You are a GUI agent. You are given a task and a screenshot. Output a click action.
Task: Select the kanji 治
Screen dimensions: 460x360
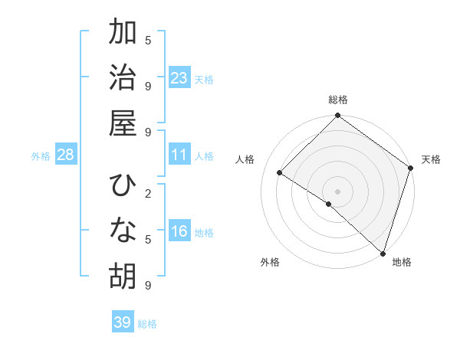[123, 78]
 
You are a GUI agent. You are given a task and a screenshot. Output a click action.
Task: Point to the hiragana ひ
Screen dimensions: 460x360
[123, 185]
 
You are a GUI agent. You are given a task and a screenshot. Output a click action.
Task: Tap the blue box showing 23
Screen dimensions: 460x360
[179, 78]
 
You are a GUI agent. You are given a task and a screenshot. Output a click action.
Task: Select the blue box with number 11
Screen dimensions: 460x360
[179, 155]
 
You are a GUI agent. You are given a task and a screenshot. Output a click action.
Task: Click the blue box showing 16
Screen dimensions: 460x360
[179, 231]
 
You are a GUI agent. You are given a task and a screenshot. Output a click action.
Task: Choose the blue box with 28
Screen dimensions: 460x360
[66, 155]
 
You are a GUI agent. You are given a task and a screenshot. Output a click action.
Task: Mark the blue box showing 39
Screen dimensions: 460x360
[122, 322]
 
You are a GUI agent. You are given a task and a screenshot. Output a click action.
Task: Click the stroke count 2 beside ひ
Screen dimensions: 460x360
[147, 193]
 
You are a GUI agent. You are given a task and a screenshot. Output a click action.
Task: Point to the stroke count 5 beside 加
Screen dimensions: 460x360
[147, 40]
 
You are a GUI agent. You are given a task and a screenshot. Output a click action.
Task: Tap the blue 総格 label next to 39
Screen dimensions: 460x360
[147, 324]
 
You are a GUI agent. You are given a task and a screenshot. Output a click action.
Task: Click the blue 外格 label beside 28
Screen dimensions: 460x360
[41, 156]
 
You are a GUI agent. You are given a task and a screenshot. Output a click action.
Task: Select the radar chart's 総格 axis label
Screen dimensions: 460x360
[337, 100]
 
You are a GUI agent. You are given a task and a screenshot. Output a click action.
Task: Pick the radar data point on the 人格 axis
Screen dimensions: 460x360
[280, 173]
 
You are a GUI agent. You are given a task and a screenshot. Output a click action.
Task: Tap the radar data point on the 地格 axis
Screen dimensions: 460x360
[382, 251]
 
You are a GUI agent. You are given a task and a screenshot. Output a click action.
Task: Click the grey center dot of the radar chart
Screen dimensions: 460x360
[337, 191]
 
